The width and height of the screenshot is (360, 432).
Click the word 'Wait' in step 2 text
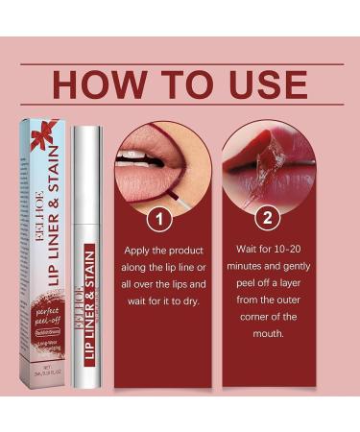244,249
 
